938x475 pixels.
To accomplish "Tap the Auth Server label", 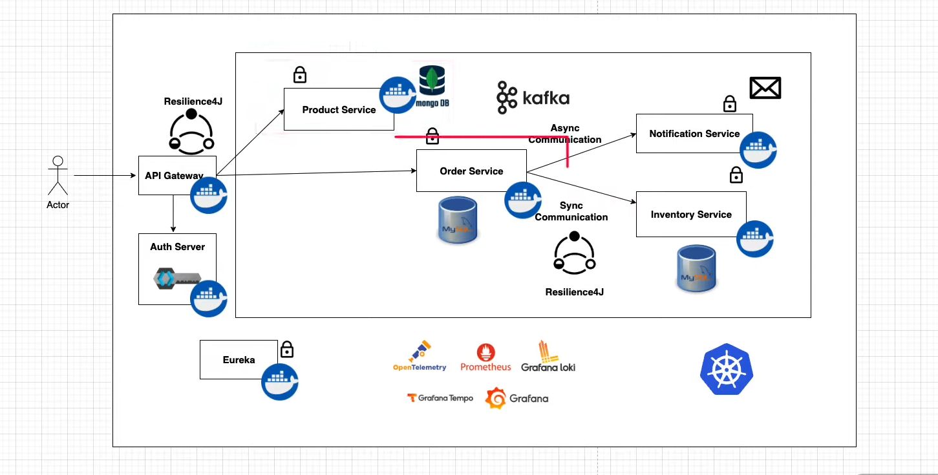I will coord(177,247).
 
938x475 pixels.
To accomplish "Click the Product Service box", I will coord(339,109).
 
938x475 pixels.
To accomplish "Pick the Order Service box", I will coord(471,171).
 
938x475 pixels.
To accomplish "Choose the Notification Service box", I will coord(694,133).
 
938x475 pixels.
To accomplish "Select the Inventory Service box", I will coord(691,214).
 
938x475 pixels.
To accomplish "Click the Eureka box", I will coord(239,359).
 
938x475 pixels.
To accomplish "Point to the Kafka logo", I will coord(533,98).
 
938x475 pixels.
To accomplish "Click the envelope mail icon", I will coord(765,88).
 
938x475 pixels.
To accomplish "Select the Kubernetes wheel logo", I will coord(727,369).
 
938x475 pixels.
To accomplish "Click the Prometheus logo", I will coord(485,358).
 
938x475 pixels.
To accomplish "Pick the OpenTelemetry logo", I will coord(420,356).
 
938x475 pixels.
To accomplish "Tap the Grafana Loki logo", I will coord(548,357).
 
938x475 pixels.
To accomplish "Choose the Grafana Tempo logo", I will coord(440,398).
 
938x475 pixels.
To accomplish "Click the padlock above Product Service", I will coord(299,74).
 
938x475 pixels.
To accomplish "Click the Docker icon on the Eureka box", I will coord(279,382).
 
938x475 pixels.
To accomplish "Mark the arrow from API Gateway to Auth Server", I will coord(173,214).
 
